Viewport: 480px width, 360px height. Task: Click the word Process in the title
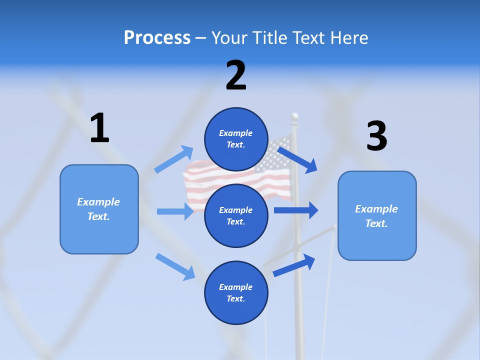[157, 37]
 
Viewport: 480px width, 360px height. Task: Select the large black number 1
[99, 128]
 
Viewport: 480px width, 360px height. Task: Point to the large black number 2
[236, 76]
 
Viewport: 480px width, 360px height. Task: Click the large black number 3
[376, 136]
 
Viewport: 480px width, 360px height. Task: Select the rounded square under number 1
[99, 209]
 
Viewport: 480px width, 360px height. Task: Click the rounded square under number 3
[377, 215]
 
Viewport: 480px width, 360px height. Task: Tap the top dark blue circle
[236, 139]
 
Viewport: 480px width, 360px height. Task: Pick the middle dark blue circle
[236, 215]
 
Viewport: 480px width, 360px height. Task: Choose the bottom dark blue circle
[236, 292]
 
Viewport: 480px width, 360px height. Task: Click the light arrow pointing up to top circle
[174, 159]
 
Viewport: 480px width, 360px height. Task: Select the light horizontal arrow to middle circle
[175, 211]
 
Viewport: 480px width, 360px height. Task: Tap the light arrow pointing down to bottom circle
[175, 266]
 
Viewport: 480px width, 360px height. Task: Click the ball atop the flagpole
[294, 117]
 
